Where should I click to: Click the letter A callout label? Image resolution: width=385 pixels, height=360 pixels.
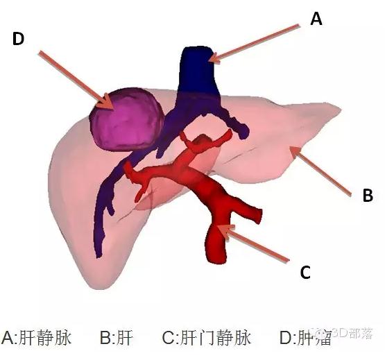316,19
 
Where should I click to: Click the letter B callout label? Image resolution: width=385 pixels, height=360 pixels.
368,196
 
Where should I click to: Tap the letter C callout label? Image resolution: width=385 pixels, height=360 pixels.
305,272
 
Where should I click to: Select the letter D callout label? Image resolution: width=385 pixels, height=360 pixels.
18,39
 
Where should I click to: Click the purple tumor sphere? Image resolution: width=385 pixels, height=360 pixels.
127,119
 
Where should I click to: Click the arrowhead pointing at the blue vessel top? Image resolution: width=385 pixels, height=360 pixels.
214,58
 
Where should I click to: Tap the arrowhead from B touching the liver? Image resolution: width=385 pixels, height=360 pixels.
296,151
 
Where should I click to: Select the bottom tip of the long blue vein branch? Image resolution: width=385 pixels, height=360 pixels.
99,256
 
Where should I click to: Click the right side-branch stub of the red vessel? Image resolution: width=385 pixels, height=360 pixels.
258,216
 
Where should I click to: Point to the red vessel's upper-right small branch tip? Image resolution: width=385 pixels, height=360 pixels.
230,133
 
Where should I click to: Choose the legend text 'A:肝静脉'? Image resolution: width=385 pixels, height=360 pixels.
36,337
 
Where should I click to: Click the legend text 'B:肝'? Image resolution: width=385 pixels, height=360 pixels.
117,337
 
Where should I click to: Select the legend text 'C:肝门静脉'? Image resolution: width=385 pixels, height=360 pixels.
207,337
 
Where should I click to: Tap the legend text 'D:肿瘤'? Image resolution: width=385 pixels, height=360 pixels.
306,337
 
